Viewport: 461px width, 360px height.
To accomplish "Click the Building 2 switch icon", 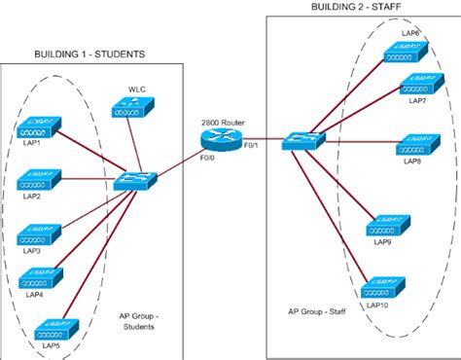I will coord(297,142).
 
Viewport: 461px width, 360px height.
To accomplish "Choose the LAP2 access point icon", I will coord(36,180).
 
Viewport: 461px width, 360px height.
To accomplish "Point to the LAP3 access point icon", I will coord(36,234).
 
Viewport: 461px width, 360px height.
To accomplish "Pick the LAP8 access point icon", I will coord(415,148).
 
